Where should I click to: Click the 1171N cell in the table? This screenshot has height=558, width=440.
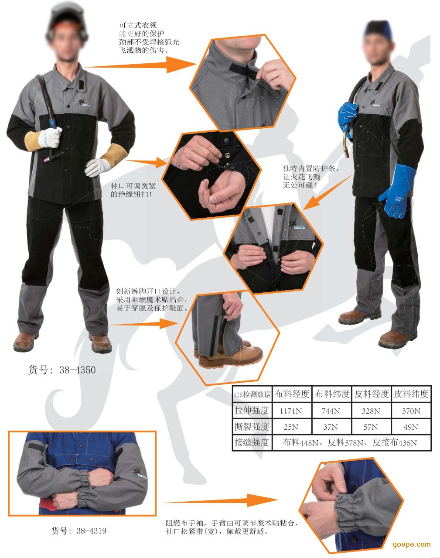291,411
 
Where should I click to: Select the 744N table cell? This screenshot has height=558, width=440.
331,411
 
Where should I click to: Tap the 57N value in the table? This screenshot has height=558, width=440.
371,427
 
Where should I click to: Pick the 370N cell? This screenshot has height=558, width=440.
411,411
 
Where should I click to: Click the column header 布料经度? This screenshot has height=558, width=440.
292,394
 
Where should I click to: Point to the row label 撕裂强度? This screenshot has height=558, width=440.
252,427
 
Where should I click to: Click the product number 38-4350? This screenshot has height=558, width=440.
78,370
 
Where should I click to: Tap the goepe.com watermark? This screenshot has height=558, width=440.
412,544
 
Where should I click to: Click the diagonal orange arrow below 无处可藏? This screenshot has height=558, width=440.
327,192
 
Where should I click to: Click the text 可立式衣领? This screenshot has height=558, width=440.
138,25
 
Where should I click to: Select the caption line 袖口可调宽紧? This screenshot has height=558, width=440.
133,186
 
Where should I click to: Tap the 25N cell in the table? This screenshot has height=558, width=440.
291,427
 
